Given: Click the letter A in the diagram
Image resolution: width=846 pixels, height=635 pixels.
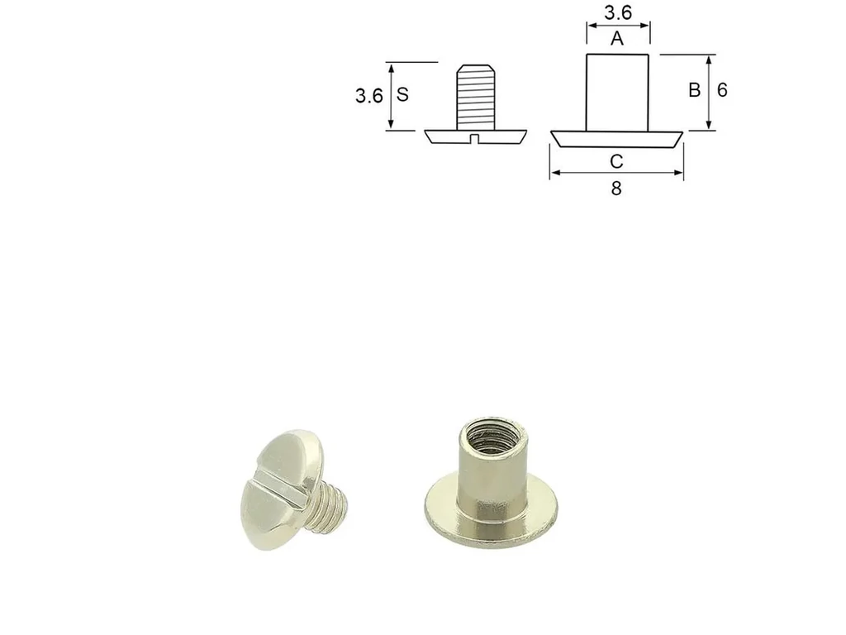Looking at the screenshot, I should (617, 39).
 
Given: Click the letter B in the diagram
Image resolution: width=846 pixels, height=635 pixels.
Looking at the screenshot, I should (695, 91).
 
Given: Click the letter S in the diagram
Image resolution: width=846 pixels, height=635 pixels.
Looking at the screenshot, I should (402, 95).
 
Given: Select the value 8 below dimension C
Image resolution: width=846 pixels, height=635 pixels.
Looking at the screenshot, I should (616, 189).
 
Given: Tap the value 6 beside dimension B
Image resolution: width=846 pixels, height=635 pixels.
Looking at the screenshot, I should (722, 91).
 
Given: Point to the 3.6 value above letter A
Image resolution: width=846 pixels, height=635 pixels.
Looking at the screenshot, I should (618, 13).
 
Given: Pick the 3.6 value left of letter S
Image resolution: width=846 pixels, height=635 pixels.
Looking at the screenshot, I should (368, 96).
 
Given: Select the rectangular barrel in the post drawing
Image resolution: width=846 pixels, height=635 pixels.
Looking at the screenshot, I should (618, 91).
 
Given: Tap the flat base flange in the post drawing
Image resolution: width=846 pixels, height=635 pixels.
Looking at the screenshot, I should (617, 139).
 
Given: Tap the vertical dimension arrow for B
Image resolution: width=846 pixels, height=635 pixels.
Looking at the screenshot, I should (709, 93).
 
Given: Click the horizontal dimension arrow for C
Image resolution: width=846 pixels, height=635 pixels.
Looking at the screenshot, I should (616, 173).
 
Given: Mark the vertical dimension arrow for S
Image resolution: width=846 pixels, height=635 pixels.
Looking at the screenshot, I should (389, 96).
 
